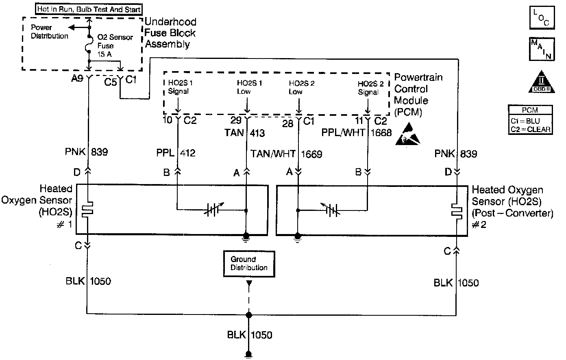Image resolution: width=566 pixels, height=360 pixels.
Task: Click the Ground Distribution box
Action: click(249, 263)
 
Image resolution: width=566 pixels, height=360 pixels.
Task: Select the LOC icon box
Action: click(541, 17)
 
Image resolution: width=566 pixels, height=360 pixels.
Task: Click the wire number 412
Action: click(187, 153)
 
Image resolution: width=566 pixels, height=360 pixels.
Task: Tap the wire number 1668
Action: click(381, 133)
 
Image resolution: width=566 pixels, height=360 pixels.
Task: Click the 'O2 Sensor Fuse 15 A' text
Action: click(115, 46)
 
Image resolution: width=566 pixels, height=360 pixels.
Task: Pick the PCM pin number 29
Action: click(235, 120)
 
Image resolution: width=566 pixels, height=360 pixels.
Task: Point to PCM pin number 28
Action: click(287, 123)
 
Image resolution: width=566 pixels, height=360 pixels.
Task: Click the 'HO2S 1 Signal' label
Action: click(178, 88)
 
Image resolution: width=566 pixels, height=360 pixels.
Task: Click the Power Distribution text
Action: click(50, 32)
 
